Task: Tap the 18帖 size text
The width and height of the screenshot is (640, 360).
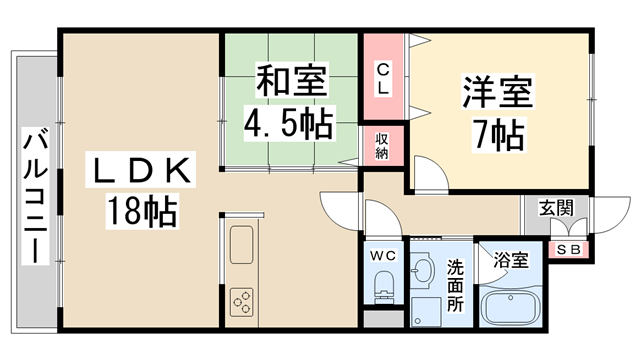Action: [x=140, y=211]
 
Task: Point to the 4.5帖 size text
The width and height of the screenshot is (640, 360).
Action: [x=291, y=124]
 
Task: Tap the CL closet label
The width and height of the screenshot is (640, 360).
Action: [x=382, y=78]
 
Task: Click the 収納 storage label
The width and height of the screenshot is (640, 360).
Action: [x=382, y=145]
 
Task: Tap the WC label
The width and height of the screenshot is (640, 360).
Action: [x=383, y=257]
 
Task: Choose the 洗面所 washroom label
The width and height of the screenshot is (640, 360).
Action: [x=456, y=286]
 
